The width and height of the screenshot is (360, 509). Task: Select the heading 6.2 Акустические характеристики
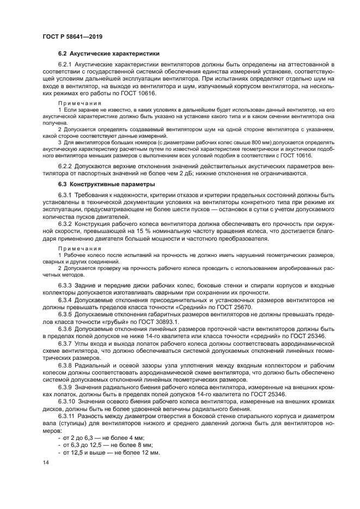pos(108,54)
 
